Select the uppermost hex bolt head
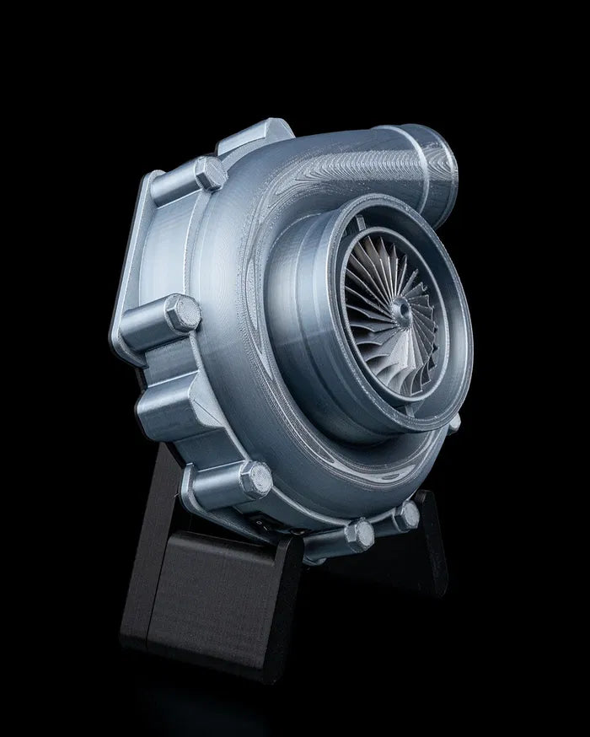[209, 175]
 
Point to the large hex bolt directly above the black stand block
[255, 481]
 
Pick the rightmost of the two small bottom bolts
[407, 515]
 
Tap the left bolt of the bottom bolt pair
[361, 534]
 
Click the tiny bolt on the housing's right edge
[455, 425]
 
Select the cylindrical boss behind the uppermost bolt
[173, 190]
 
